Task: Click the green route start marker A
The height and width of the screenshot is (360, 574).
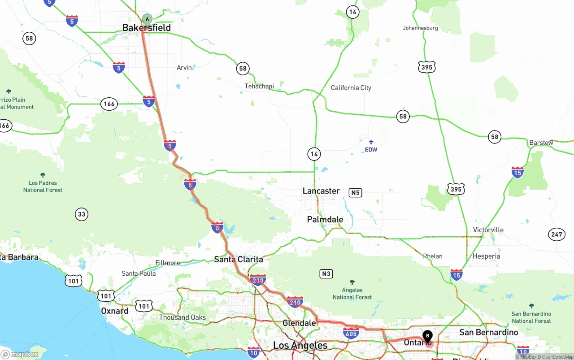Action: click(x=147, y=19)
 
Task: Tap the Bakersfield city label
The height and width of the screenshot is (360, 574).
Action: click(x=147, y=28)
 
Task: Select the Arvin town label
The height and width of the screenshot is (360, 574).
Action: click(x=184, y=68)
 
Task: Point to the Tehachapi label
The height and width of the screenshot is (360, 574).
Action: click(x=259, y=86)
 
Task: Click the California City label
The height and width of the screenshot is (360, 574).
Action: click(x=351, y=88)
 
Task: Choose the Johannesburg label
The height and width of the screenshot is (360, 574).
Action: click(x=420, y=28)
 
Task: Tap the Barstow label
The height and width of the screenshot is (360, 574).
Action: click(x=541, y=143)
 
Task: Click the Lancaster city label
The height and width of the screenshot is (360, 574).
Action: click(x=321, y=191)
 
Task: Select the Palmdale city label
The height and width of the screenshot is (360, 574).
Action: click(x=325, y=220)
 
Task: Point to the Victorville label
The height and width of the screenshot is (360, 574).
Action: click(x=488, y=230)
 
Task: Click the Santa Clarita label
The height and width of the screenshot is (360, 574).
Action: click(x=239, y=260)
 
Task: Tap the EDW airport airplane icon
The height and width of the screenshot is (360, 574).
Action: click(x=371, y=142)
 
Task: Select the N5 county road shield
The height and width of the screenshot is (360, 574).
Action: click(x=355, y=193)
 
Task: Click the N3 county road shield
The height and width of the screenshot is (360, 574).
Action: click(x=326, y=273)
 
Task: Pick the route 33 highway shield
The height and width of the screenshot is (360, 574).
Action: click(x=81, y=214)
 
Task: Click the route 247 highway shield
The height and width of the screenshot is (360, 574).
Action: click(x=557, y=234)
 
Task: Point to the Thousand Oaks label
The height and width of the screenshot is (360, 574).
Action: click(x=183, y=318)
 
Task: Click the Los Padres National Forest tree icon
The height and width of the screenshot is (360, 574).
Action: click(x=43, y=175)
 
